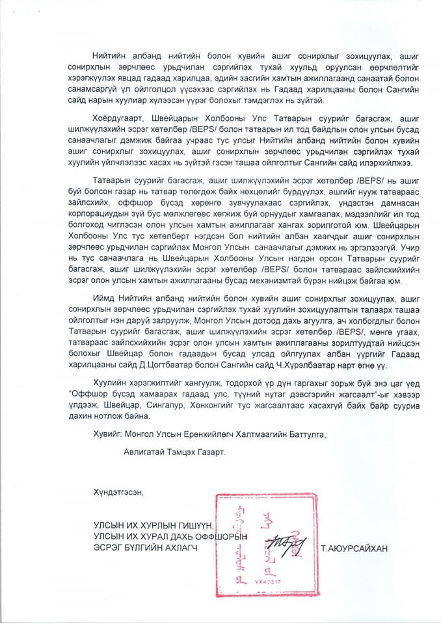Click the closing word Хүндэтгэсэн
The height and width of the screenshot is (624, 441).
point(117,493)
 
